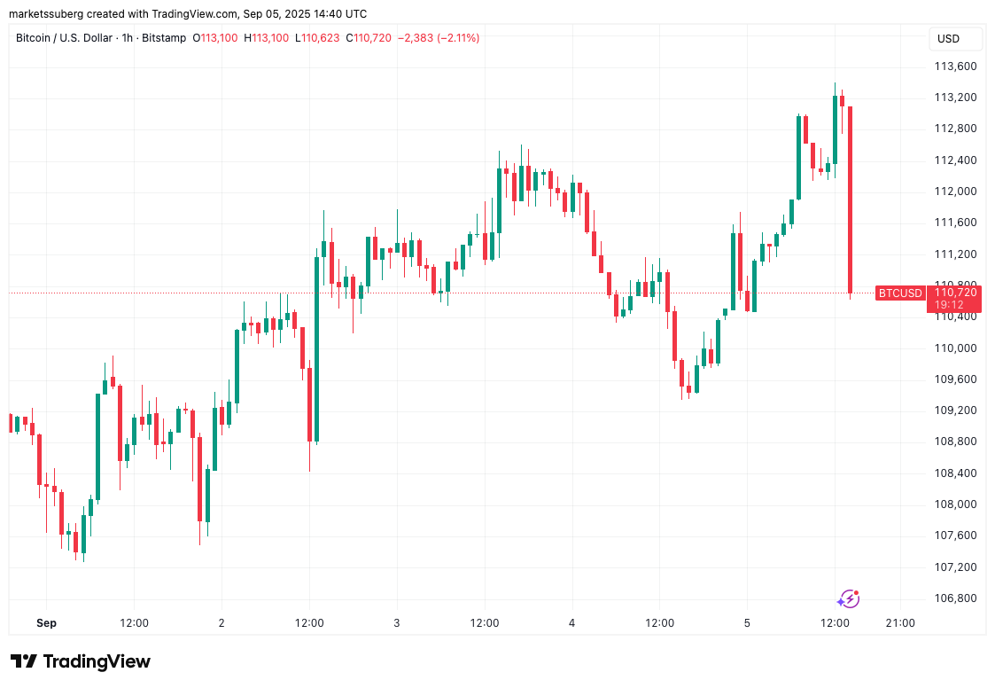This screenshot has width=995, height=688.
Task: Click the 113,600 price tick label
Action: click(x=955, y=66)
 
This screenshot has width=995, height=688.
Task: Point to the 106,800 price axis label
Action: click(x=955, y=598)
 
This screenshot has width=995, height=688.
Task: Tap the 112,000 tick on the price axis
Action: click(x=955, y=192)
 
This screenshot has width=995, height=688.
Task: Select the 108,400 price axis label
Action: click(x=955, y=473)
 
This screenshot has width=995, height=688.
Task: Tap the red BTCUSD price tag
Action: click(x=900, y=293)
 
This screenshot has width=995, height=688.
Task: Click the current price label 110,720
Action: click(x=955, y=293)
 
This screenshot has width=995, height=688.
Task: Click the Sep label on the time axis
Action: click(x=47, y=623)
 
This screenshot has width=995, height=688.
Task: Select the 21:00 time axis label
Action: click(x=900, y=623)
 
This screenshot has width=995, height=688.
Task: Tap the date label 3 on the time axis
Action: click(x=397, y=623)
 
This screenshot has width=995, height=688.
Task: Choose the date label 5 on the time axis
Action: click(x=747, y=623)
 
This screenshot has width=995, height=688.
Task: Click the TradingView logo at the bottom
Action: click(x=81, y=661)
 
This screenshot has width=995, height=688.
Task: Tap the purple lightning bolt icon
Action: click(x=848, y=599)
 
